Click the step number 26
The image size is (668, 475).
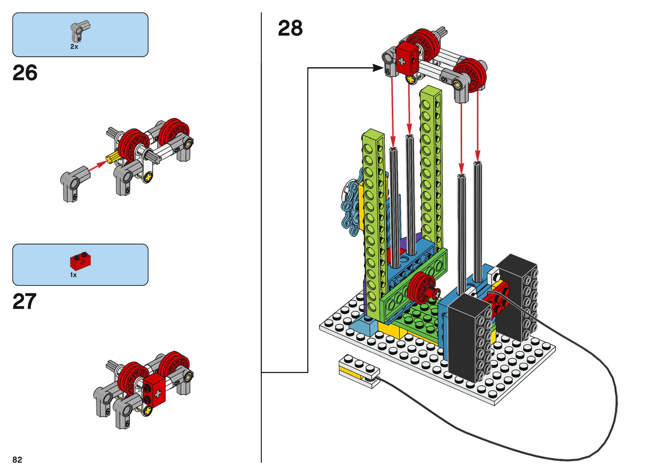click(x=25, y=73)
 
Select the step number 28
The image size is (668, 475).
click(x=290, y=28)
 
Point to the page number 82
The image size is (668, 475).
click(x=17, y=460)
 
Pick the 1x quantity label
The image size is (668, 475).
click(x=73, y=275)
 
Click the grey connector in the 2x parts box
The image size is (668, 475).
click(x=78, y=32)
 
